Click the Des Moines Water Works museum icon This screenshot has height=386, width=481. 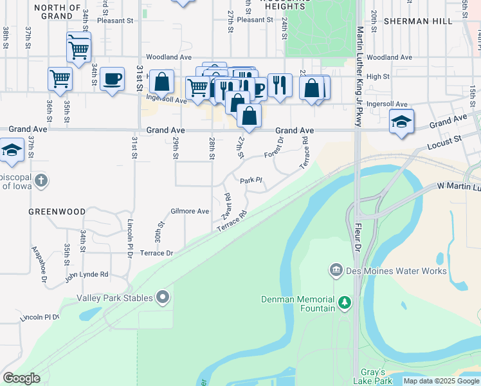(x=335, y=270)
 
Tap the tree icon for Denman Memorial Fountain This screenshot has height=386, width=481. (x=345, y=302)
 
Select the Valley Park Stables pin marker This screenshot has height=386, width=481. (x=163, y=297)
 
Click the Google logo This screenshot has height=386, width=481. (x=21, y=378)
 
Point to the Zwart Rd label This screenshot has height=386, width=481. (x=226, y=205)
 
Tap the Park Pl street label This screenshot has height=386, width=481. (x=251, y=180)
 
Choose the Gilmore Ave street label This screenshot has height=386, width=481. (x=190, y=211)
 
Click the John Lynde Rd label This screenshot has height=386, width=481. (x=86, y=274)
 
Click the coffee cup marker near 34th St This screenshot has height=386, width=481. (x=112, y=78)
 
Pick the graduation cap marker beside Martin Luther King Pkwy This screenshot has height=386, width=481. (x=401, y=121)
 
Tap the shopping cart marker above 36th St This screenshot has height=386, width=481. (x=60, y=78)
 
